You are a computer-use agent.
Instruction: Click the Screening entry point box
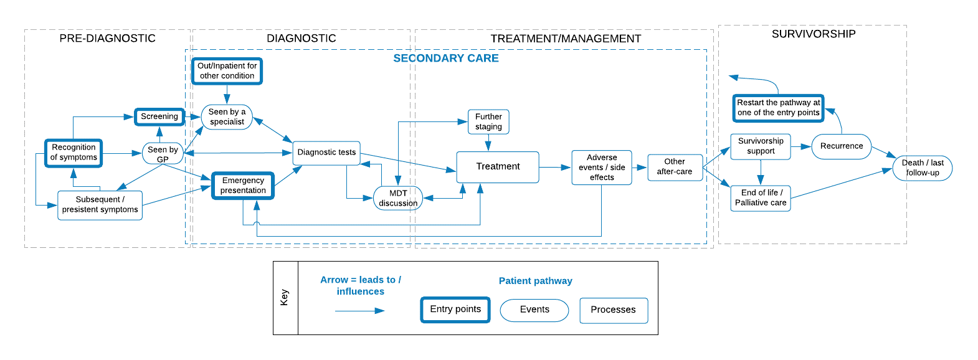pos(159,116)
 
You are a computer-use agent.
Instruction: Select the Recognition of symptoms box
pos(74,153)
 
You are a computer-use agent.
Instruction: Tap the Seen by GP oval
pos(163,154)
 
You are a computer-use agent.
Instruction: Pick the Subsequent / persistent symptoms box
pos(100,205)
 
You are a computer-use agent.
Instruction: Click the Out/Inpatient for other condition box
pos(227,71)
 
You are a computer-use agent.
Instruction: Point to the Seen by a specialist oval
pos(227,117)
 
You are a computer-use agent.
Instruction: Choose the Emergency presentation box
pos(243,186)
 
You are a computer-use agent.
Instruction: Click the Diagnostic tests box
pos(326,153)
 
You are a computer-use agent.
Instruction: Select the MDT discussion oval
pos(398,198)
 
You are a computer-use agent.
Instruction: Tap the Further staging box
pos(488,121)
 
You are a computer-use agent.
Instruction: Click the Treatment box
pos(498,167)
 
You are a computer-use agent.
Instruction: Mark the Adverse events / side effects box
pos(602,168)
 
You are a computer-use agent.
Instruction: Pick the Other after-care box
pos(675,167)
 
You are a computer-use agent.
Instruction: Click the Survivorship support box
pos(761,146)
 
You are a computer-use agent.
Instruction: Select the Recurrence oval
pos(842,146)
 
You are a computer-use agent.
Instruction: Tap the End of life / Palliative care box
pos(761,198)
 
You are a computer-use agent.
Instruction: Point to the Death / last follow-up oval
pos(923,168)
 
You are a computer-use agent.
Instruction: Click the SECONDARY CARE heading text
pos(446,59)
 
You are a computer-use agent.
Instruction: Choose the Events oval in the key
pos(534,310)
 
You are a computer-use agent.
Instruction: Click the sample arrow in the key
pos(360,310)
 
